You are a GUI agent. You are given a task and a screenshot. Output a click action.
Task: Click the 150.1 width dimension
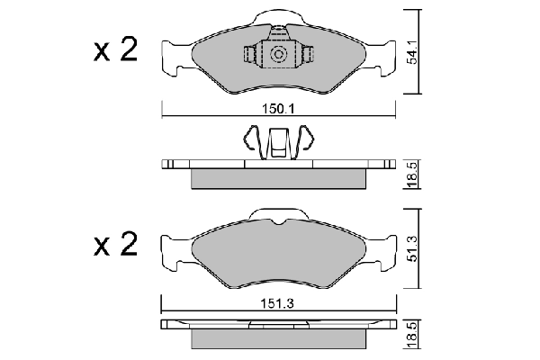coord(278,109)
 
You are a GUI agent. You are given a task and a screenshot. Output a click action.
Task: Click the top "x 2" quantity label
coord(115,50)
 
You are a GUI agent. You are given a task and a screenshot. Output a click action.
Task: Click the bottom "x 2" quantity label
coord(115,245)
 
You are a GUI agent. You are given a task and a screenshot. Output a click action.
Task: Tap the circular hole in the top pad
coord(278,57)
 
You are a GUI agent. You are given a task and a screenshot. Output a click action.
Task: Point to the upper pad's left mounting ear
coord(170,56)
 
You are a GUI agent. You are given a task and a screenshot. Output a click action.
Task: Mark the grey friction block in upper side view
coord(279,178)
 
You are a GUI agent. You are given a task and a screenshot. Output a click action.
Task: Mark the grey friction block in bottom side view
coord(279,339)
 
